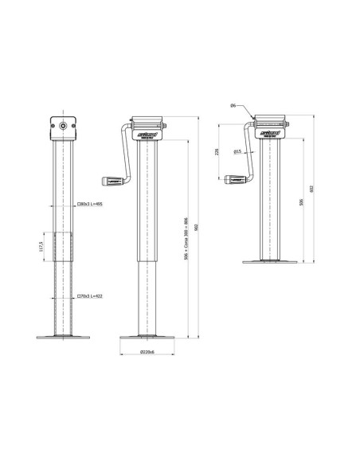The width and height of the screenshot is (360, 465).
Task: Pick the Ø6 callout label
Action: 232,104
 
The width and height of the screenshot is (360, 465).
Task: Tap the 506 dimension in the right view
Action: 299,203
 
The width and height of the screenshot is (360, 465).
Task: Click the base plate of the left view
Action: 63,336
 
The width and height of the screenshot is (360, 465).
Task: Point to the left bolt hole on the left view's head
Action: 53,126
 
